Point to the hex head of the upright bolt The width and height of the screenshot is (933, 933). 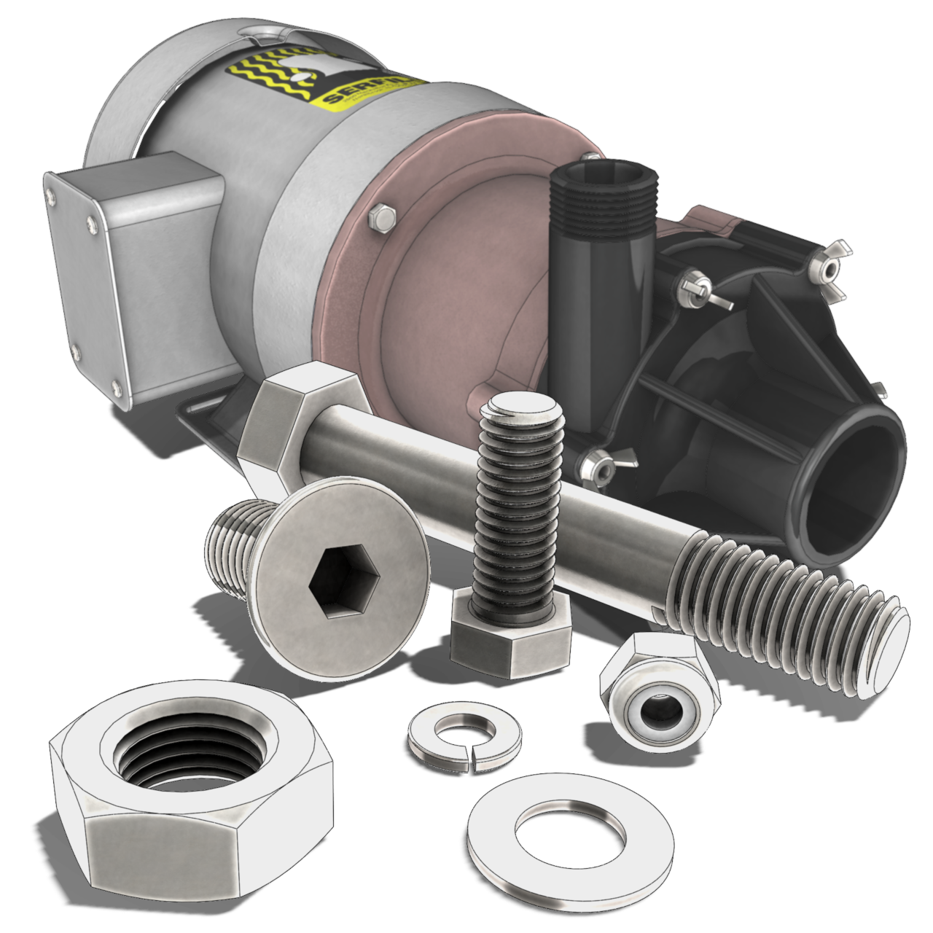[509, 634]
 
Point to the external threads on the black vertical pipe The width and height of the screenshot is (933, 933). [605, 204]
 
